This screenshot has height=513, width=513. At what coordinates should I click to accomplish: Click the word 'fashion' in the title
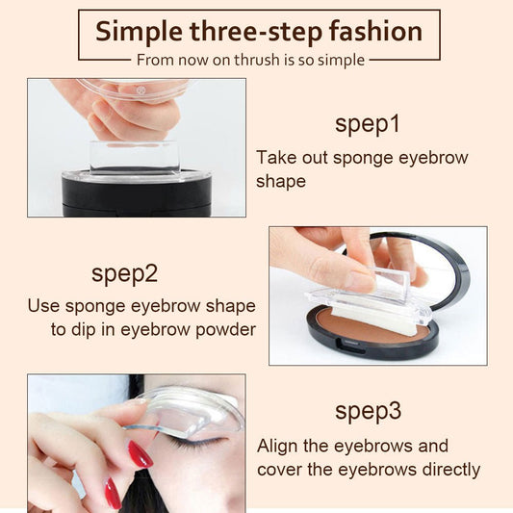(375, 32)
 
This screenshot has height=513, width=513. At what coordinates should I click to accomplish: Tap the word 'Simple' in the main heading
(139, 33)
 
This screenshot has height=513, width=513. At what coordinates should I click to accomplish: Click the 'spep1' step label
(368, 125)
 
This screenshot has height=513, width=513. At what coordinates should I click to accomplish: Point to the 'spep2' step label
(125, 274)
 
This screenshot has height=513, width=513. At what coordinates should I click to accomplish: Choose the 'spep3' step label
(368, 412)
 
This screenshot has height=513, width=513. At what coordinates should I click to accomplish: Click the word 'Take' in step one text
(276, 158)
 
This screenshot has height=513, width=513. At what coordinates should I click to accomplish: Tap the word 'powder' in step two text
(226, 330)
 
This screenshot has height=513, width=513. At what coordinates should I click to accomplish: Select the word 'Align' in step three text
(277, 446)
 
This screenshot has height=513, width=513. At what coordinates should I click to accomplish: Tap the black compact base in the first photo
(137, 194)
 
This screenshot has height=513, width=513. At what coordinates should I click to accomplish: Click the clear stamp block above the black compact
(135, 157)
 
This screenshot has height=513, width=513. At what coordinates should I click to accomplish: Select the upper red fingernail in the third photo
(140, 454)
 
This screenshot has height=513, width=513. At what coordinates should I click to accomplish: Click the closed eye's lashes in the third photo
(196, 445)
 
